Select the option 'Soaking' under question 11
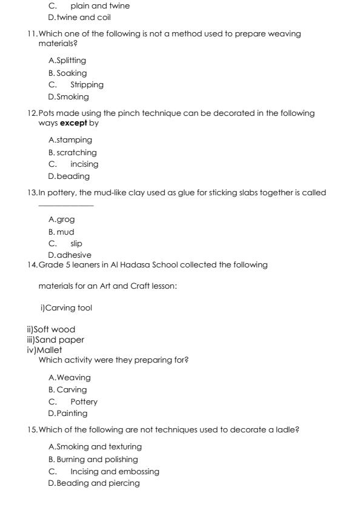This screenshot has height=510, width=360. tap(72, 73)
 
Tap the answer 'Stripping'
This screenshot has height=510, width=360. tap(87, 85)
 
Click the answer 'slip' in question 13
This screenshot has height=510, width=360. tap(76, 244)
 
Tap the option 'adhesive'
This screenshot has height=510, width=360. tap(73, 255)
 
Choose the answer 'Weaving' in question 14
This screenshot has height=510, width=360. tap(73, 378)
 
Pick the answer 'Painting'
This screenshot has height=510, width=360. tap(72, 414)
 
